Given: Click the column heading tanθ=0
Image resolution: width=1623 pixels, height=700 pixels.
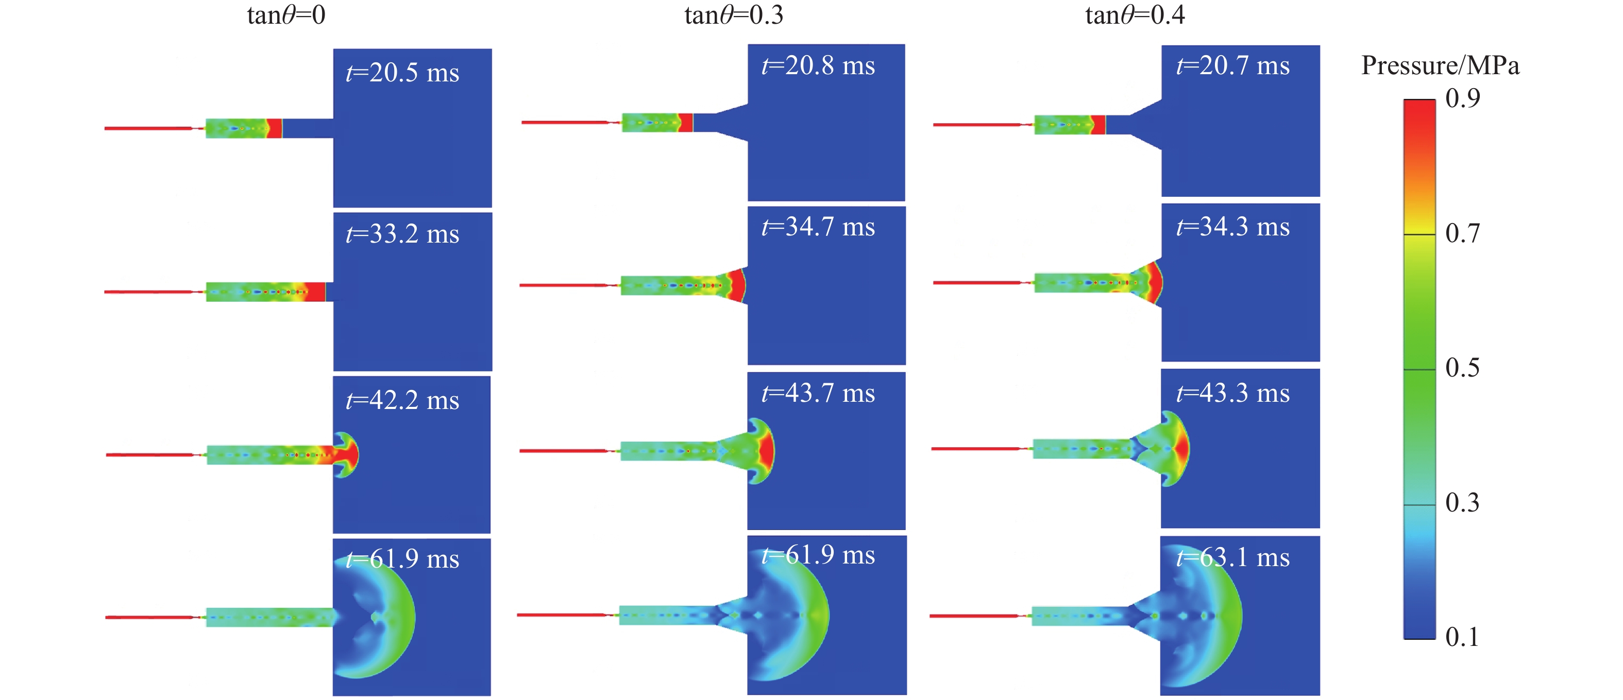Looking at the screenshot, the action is (286, 15).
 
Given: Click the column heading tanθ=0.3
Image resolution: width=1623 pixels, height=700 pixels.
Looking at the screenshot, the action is (734, 15).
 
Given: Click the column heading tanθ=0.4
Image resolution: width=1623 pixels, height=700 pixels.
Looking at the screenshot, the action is (1135, 15).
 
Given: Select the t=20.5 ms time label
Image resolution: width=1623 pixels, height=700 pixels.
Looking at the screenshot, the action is (402, 73).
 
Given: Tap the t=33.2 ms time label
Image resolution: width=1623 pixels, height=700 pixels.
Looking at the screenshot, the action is (402, 234).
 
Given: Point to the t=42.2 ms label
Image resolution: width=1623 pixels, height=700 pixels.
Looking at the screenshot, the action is (402, 400).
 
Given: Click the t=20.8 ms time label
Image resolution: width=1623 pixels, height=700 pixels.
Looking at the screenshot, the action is (818, 65).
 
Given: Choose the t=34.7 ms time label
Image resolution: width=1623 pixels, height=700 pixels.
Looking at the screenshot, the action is (818, 227).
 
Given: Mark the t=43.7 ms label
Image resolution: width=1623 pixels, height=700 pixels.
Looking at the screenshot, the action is (818, 393).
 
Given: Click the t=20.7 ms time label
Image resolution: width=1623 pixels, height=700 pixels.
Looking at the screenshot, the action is (1233, 65).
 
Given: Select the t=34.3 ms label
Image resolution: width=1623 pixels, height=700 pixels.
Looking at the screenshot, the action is (1233, 227).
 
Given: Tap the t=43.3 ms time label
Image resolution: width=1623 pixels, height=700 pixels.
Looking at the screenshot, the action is (1233, 393).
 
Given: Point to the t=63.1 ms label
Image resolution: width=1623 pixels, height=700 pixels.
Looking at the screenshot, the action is (1233, 558).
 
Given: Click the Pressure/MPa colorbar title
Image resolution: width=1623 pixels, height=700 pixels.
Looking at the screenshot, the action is (1440, 66).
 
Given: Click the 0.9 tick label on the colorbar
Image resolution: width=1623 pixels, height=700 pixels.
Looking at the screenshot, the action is (1462, 98).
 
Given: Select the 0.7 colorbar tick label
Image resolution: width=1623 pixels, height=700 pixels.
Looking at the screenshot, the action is (1462, 234).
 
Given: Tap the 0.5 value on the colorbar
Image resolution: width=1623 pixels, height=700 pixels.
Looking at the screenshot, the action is (1462, 368).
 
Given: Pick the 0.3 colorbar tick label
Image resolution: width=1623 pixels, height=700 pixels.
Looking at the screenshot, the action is (1462, 503).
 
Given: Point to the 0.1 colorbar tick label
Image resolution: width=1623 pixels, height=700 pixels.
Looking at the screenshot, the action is (1462, 638).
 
